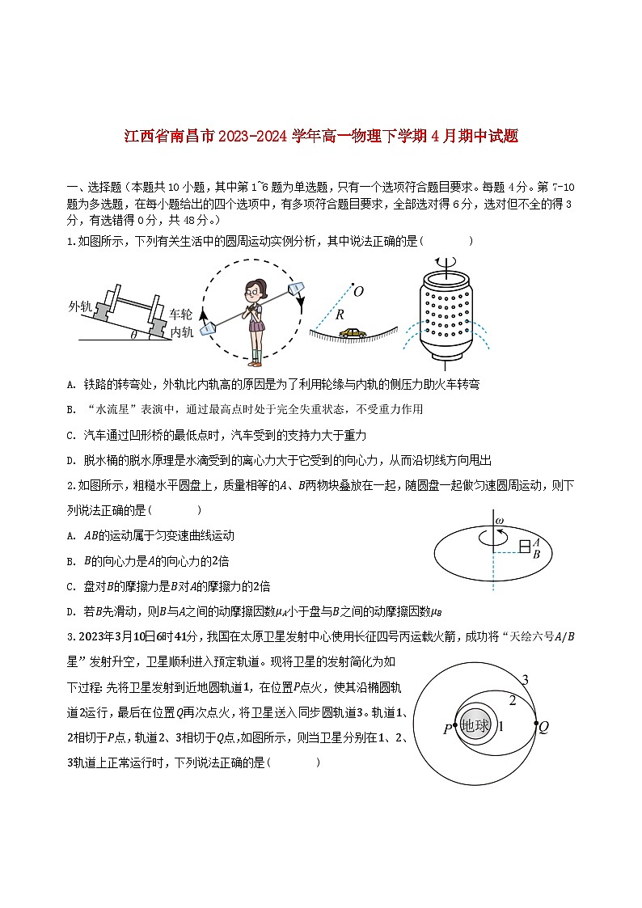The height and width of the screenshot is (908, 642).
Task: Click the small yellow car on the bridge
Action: (x=352, y=332)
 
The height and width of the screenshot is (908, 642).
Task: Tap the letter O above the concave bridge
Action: (x=358, y=290)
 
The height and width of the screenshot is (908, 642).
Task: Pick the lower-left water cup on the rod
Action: (x=209, y=327)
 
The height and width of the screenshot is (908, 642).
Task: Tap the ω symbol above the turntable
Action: (x=499, y=520)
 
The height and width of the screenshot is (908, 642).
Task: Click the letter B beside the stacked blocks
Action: (x=536, y=554)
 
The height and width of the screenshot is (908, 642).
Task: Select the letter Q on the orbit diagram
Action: (x=544, y=727)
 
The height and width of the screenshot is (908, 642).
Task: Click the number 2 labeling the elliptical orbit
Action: (x=511, y=699)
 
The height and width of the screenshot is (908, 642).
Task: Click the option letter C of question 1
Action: (x=72, y=435)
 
